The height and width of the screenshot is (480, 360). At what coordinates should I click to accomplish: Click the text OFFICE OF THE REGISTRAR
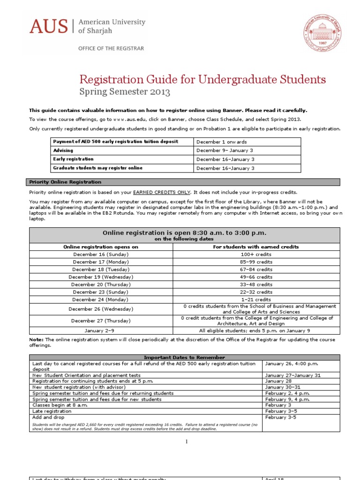point(111,48)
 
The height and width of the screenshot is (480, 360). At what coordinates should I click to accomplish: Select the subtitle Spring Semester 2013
point(124,92)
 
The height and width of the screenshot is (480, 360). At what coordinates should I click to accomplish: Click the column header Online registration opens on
point(101,247)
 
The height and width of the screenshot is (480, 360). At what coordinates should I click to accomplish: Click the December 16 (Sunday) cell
point(101,255)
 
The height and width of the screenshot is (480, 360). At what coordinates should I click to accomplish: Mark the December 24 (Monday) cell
point(101,300)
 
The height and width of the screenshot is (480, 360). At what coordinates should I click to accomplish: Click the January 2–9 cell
point(101,330)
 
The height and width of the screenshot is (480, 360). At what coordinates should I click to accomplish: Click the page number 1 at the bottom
point(186,441)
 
